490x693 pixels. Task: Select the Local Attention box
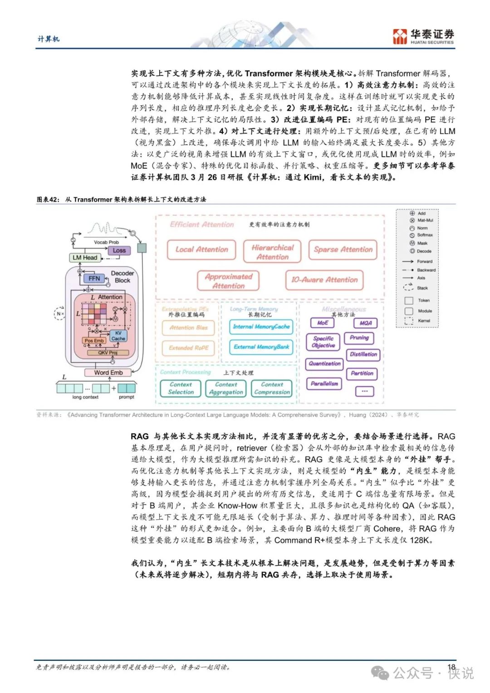[201, 250]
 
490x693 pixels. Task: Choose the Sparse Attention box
[343, 250]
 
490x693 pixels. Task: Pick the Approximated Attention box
[228, 281]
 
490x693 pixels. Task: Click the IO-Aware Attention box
[324, 280]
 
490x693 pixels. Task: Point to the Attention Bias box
[188, 328]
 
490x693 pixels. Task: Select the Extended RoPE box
[188, 348]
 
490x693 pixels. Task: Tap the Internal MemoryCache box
[261, 327]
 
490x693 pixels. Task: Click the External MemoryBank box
[261, 347]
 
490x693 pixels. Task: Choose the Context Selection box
[181, 388]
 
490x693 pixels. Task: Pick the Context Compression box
[272, 388]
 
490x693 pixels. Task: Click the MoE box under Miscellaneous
[323, 323]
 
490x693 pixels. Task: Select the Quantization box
[324, 364]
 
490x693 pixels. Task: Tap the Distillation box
[363, 354]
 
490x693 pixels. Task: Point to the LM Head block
[85, 258]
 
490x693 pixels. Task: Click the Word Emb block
[108, 373]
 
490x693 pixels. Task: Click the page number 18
[451, 667]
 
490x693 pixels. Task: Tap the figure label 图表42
[48, 200]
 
